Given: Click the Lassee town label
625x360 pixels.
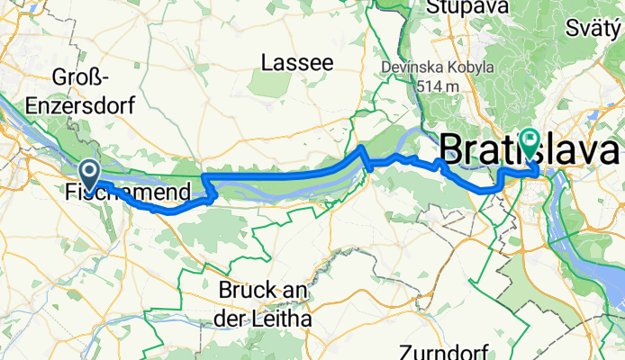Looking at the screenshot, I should (296, 63).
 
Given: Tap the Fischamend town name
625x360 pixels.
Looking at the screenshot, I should (128, 192).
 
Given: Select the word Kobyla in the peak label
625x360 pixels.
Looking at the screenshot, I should (486, 67).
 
